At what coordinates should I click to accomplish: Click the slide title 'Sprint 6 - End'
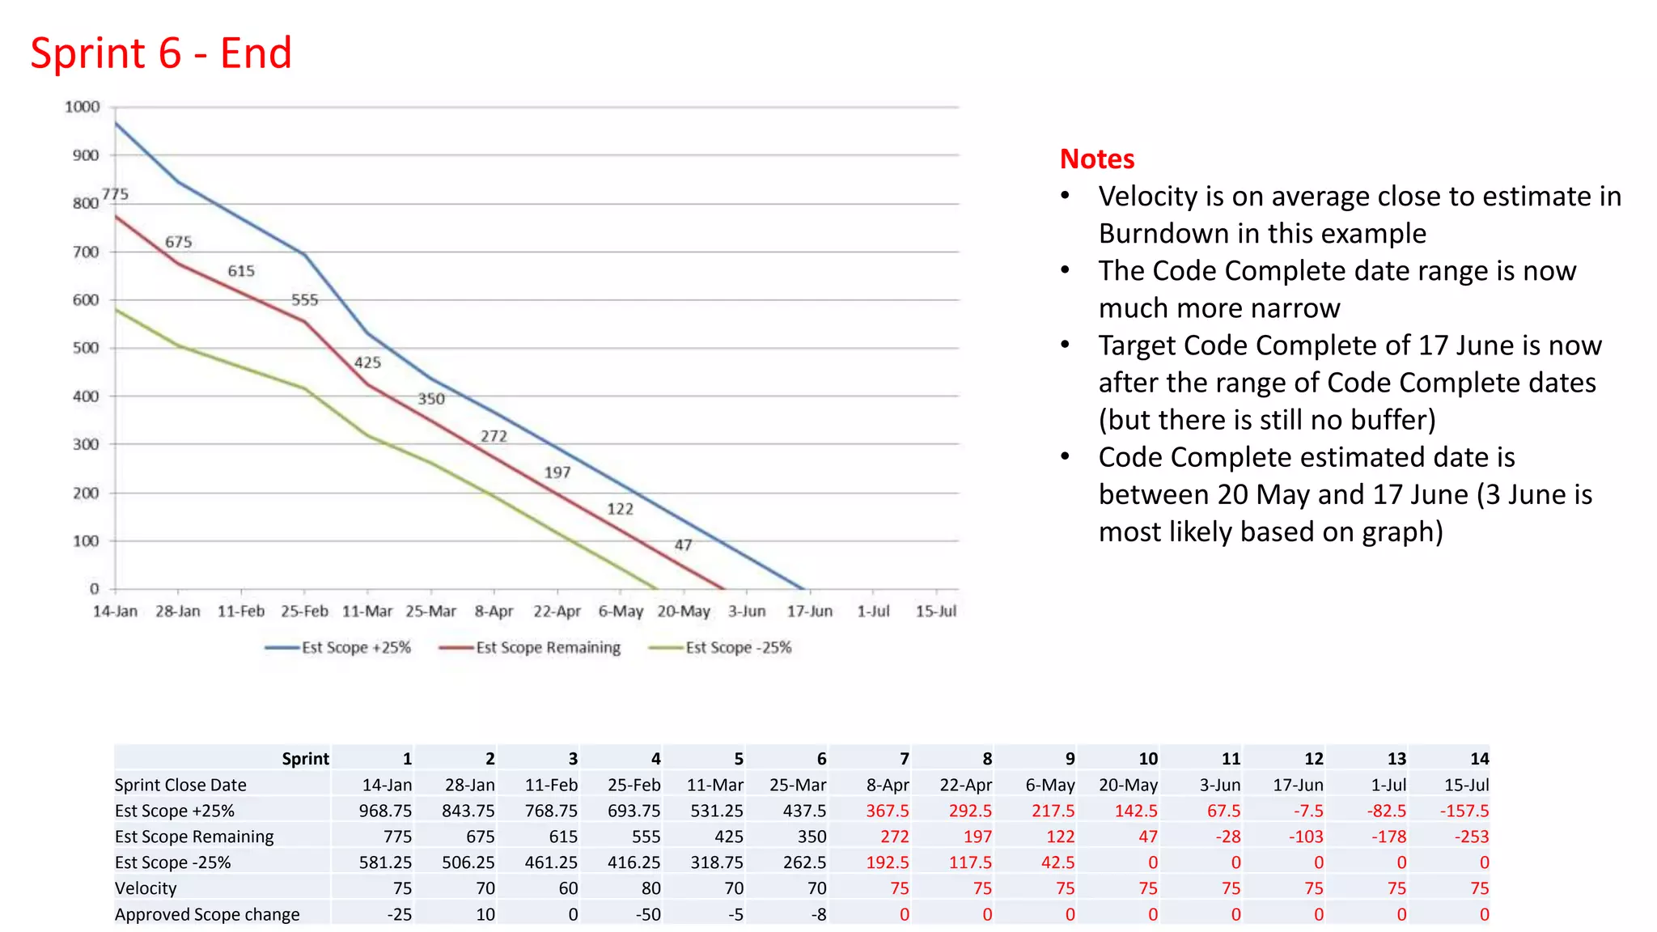(x=161, y=53)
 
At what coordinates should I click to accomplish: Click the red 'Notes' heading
(x=1096, y=159)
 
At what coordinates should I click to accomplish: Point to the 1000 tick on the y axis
(x=83, y=107)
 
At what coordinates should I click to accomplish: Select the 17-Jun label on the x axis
(x=809, y=612)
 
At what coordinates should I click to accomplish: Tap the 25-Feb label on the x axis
(x=304, y=612)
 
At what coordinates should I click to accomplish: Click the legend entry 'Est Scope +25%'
(x=356, y=647)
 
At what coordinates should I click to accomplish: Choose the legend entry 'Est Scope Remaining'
(x=548, y=647)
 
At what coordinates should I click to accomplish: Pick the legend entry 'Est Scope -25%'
(x=738, y=647)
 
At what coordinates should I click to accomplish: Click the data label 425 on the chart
(x=367, y=362)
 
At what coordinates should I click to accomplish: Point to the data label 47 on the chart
(x=683, y=545)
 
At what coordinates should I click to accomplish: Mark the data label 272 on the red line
(x=494, y=436)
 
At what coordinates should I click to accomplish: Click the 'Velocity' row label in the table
(x=146, y=888)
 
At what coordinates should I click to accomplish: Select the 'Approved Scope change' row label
(x=207, y=914)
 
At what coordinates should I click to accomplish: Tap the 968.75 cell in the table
(x=385, y=811)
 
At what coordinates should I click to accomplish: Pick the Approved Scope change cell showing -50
(x=647, y=914)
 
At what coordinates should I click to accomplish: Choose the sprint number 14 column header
(x=1479, y=759)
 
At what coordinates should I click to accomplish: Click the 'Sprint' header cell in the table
(x=305, y=759)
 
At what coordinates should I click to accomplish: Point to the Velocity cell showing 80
(x=651, y=888)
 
